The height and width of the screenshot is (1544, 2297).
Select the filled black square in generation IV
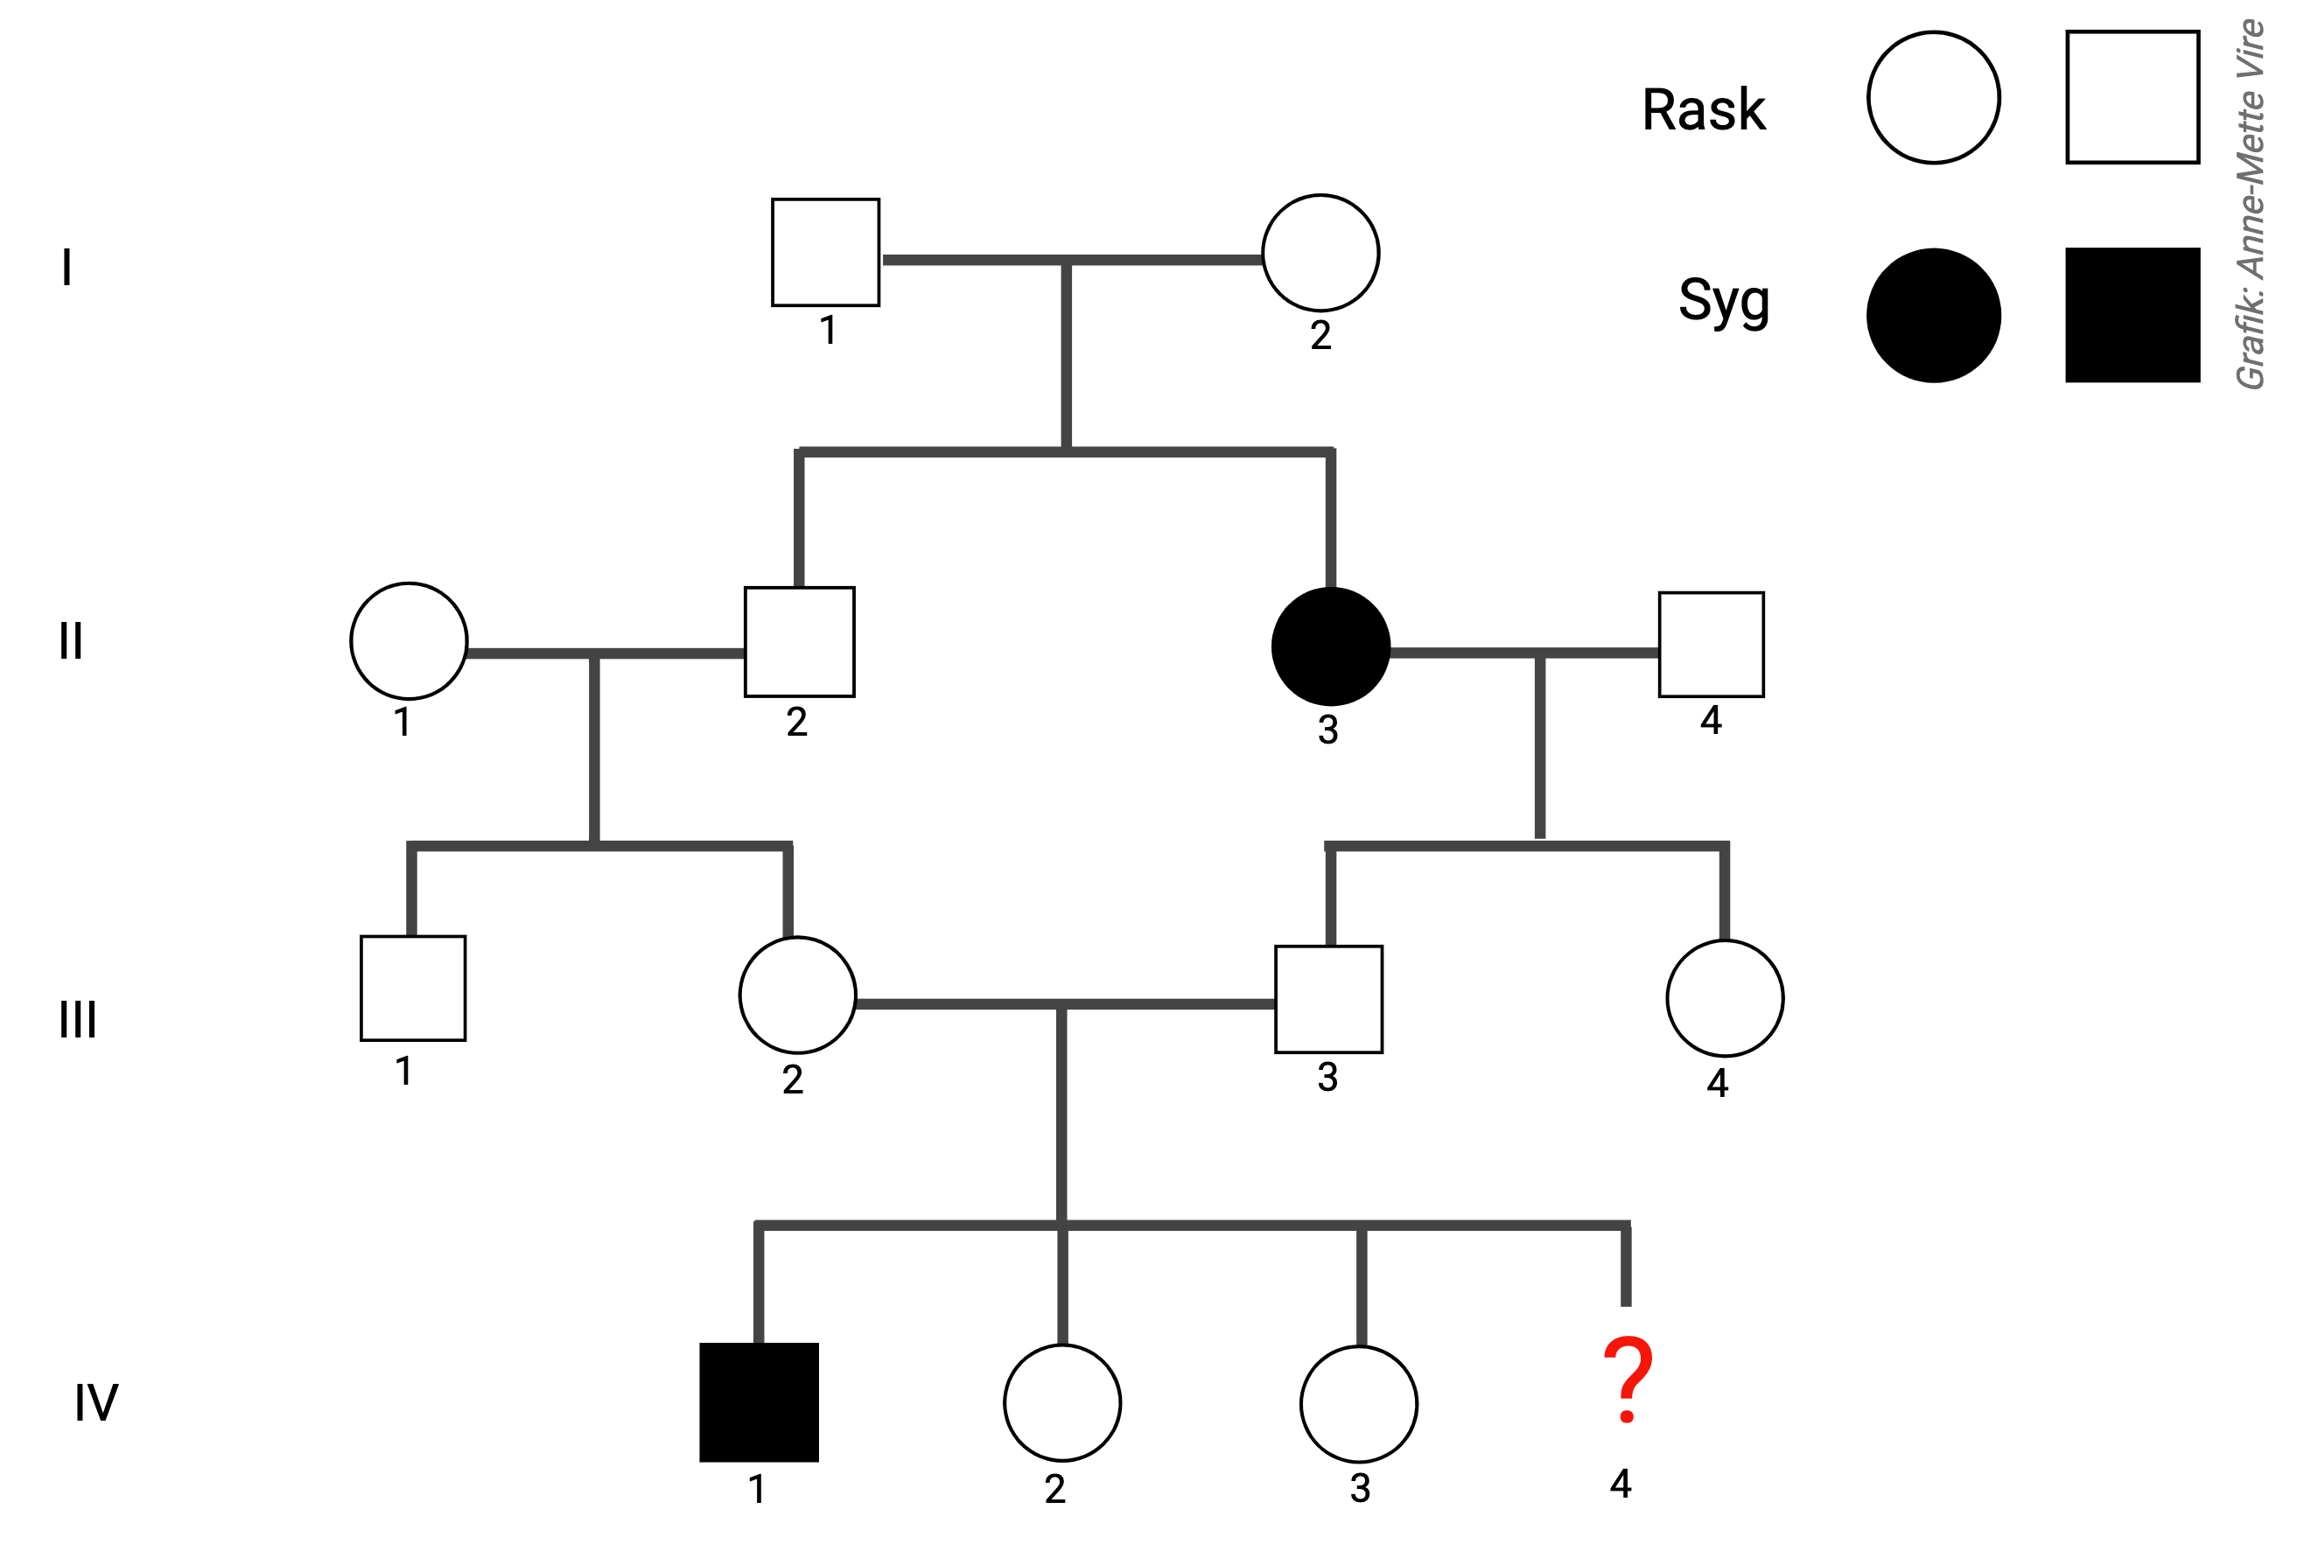pos(759,1402)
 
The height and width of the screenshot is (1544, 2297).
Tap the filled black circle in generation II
pos(1331,647)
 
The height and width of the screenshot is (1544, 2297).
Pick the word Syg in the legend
pos(1724,300)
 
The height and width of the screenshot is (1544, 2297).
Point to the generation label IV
pos(96,1402)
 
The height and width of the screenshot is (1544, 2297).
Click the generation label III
pos(78,1019)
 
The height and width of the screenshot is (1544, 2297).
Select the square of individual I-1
pos(825,252)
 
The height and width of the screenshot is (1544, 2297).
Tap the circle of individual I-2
pos(1320,253)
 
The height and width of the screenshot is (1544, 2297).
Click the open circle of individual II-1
pos(409,641)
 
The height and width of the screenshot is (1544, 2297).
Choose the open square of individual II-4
pos(1711,644)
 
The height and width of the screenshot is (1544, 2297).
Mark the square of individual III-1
pos(413,988)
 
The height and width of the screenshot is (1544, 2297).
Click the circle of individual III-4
pos(1725,997)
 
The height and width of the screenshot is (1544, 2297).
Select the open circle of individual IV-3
pos(1358,1403)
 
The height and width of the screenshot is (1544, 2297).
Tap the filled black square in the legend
pos(2132,315)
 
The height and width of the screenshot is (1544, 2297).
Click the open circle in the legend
pos(1934,97)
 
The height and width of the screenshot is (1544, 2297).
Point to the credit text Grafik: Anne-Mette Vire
pos(2251,204)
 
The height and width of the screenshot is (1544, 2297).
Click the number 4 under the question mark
pos(1621,1483)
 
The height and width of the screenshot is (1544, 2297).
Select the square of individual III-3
pos(1328,1000)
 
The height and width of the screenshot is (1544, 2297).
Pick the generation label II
pos(71,641)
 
